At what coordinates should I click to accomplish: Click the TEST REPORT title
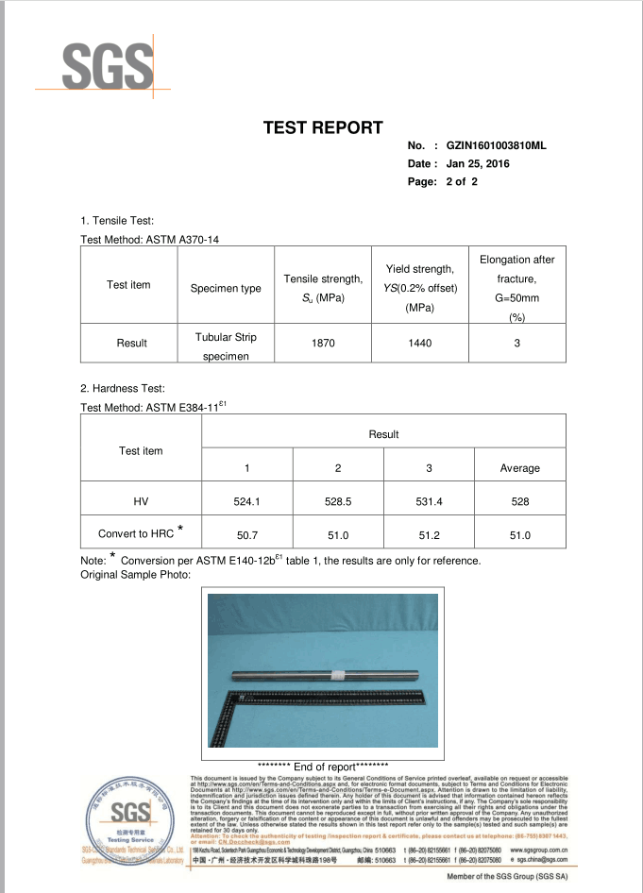coord(322,128)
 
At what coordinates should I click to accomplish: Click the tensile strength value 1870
coord(323,344)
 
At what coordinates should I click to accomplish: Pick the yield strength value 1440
coord(419,344)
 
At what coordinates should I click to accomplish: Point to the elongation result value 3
coord(517,344)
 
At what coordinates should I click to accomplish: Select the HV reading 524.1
coord(246,502)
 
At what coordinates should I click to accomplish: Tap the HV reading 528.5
coord(338,502)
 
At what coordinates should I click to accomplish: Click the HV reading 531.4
coord(430,502)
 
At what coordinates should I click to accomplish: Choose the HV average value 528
coord(519,502)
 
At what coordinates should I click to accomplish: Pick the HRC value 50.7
coord(246,535)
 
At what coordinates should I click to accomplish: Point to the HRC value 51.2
coord(430,535)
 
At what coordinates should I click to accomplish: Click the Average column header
coord(519,468)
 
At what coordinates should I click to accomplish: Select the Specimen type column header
coord(226,288)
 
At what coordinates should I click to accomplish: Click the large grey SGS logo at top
coord(107,66)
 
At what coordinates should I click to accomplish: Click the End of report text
coord(322,766)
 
